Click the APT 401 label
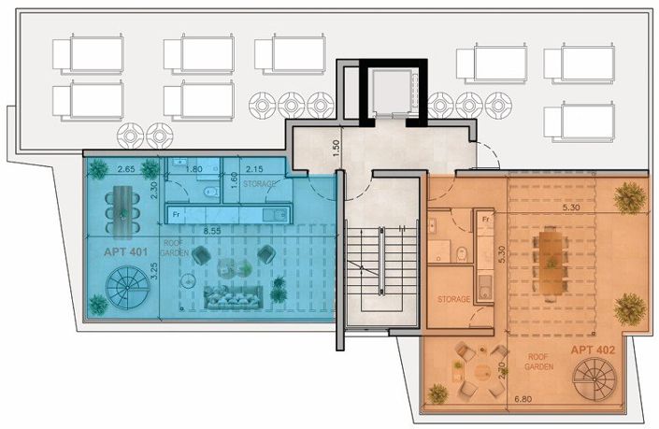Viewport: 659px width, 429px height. pos(120,252)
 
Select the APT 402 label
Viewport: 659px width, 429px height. pos(594,350)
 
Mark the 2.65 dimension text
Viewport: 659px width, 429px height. pos(128,169)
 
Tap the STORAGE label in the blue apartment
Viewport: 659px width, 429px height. pos(259,184)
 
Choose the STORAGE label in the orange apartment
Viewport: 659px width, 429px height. pos(454,299)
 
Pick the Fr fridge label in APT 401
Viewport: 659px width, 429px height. pos(174,214)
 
